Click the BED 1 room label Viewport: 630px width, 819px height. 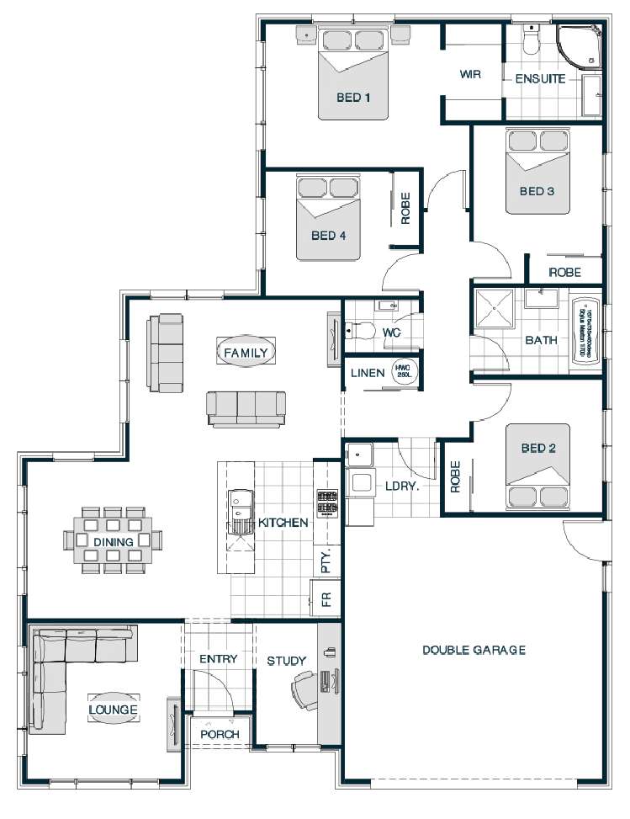(353, 98)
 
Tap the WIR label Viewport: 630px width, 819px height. (470, 74)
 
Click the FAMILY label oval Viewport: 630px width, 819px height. (246, 353)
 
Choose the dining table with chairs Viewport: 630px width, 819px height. (114, 540)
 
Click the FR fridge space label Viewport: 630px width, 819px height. (326, 600)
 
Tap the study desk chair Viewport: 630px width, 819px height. (300, 688)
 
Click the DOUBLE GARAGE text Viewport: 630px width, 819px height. (474, 650)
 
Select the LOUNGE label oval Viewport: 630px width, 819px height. (114, 710)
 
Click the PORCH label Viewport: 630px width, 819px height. (220, 734)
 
